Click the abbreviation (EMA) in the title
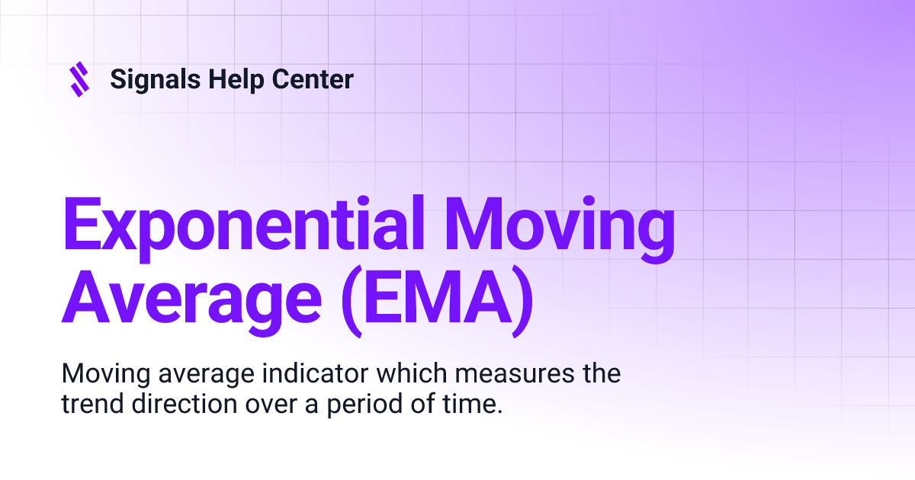[x=435, y=301]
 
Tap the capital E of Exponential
[x=82, y=227]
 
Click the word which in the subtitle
[x=405, y=374]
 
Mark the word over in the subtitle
[x=263, y=405]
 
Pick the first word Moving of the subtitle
[x=98, y=375]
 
